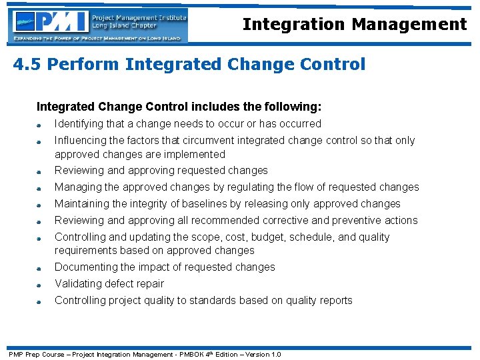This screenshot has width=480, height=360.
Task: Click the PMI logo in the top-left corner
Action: (99, 25)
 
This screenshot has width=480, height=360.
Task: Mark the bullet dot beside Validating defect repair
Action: (41, 285)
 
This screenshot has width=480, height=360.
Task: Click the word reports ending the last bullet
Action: (335, 301)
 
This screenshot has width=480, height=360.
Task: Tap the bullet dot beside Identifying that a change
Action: (41, 125)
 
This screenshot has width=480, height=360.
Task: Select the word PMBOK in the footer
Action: (187, 354)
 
